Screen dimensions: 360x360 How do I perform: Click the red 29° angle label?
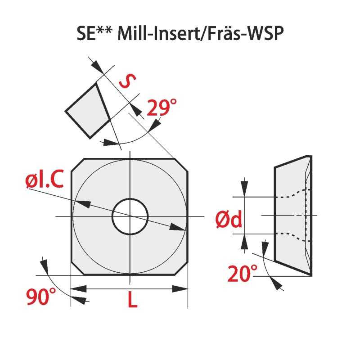click(162, 108)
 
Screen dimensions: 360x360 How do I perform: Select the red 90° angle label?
click(41, 297)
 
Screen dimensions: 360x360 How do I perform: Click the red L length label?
click(132, 299)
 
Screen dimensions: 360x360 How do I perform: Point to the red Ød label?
click(229, 219)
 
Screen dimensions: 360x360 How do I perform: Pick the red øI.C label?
click(44, 179)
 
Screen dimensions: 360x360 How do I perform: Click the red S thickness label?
click(128, 81)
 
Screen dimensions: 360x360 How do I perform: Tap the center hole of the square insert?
click(130, 216)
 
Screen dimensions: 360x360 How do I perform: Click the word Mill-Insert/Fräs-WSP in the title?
click(200, 33)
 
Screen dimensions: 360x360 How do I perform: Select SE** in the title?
click(94, 33)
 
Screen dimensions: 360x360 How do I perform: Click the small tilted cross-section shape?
click(87, 111)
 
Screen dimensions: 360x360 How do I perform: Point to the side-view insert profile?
click(293, 216)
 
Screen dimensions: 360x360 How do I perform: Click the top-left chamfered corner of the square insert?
click(78, 165)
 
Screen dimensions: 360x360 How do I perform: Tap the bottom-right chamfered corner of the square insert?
click(182, 268)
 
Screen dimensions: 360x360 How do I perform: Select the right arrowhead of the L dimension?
click(180, 289)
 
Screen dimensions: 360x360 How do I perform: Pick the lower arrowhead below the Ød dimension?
click(244, 242)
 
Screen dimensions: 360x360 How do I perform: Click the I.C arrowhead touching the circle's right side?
click(177, 227)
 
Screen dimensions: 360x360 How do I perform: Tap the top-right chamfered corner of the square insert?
click(182, 165)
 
